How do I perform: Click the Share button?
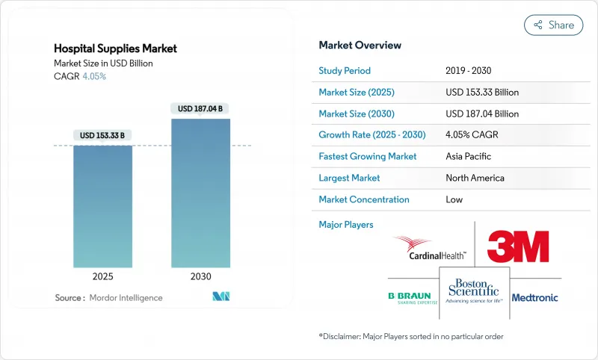pos(553,25)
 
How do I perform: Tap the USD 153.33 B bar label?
pos(102,135)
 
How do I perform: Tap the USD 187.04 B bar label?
pos(200,109)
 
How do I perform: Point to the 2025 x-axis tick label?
pos(102,276)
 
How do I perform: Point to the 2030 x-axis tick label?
pos(200,276)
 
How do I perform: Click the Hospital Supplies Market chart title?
pos(117,48)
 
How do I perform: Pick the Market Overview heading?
pos(360,46)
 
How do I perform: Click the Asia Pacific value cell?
pos(469,157)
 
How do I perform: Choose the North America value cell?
pos(475,178)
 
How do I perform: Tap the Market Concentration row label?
pos(364,199)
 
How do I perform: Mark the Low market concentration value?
pos(454,199)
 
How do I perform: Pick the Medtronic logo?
pos(535,298)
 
